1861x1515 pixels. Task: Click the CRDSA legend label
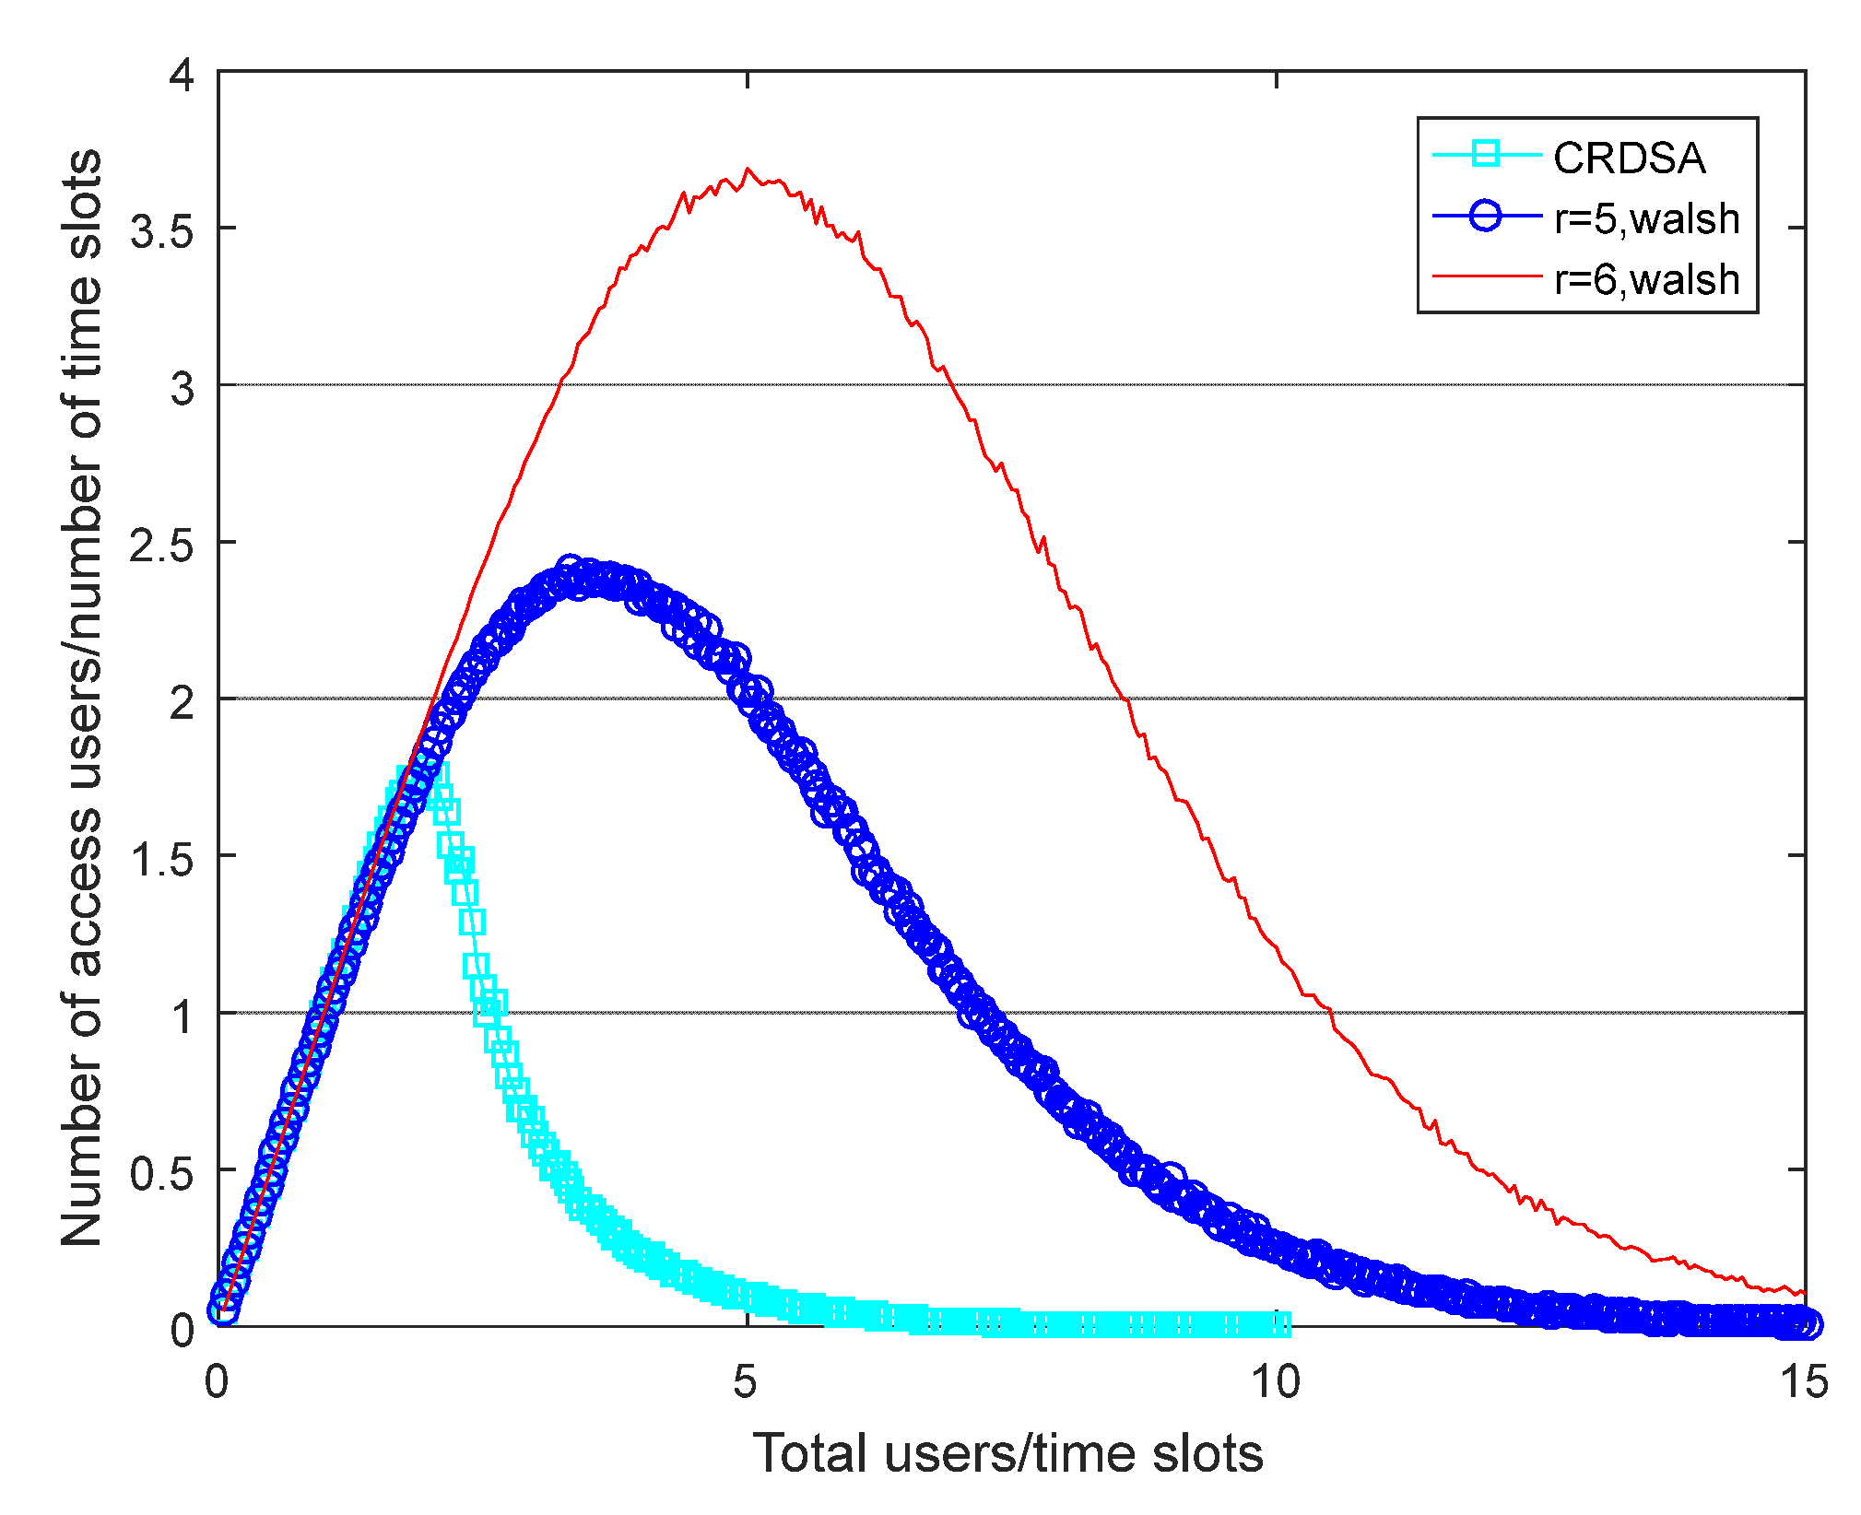[1629, 159]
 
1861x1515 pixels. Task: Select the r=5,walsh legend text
[1646, 219]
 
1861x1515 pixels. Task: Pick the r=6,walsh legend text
[1646, 279]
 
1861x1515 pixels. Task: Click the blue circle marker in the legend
[1485, 217]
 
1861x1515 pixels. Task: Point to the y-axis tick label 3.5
[161, 231]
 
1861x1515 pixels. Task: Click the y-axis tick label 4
[182, 75]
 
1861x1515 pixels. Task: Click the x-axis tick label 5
[745, 1381]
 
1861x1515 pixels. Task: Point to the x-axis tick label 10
[1275, 1381]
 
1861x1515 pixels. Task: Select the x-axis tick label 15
[1804, 1381]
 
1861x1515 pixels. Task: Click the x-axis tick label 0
[217, 1381]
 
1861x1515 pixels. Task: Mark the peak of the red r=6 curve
[747, 170]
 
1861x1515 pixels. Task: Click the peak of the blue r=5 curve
[570, 568]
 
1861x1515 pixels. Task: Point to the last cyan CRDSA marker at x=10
[1279, 1324]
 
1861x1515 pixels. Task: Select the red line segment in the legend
[1485, 276]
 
